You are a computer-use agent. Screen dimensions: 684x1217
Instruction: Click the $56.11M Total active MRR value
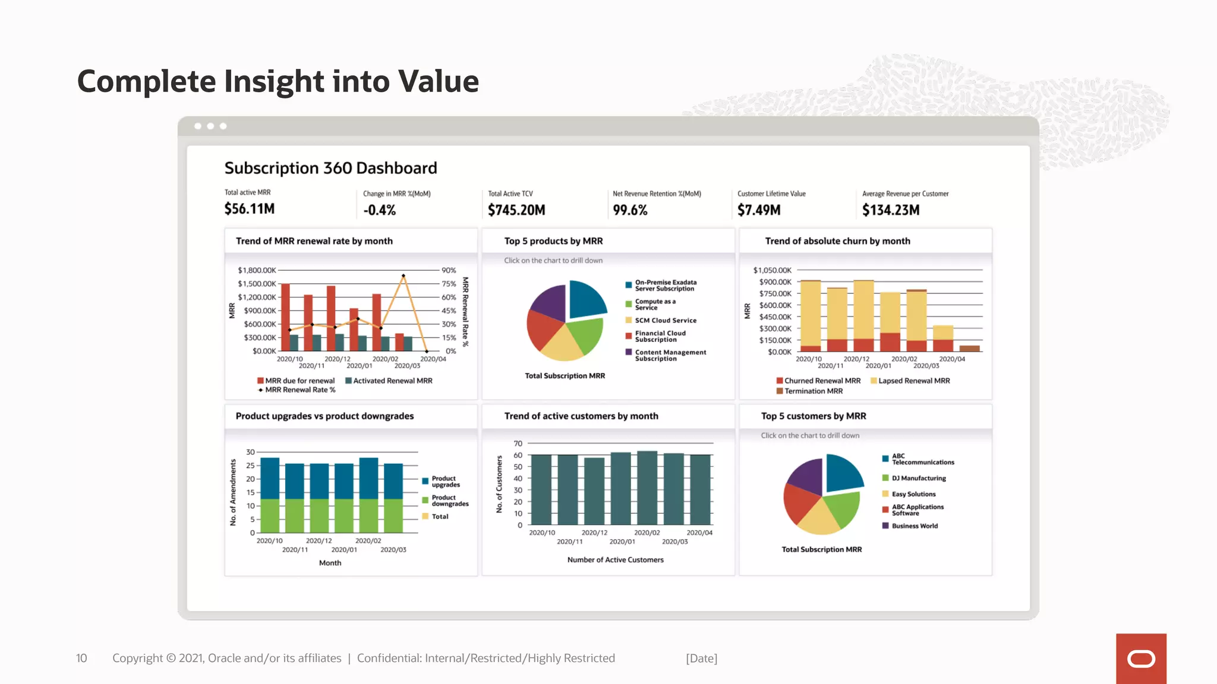click(x=250, y=209)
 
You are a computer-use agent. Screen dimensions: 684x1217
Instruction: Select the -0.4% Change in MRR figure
click(x=379, y=210)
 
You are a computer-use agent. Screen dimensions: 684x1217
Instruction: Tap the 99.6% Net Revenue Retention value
click(x=630, y=210)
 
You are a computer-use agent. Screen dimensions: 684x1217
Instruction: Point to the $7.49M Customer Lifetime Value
click(x=759, y=210)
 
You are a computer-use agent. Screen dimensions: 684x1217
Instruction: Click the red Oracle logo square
click(x=1141, y=658)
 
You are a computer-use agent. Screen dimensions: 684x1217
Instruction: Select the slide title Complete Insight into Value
click(x=278, y=81)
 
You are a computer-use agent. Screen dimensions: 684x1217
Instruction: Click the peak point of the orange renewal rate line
click(x=403, y=276)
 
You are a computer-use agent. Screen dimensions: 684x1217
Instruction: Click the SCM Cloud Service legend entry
click(x=665, y=321)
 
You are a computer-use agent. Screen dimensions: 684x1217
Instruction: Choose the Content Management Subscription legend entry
click(x=670, y=355)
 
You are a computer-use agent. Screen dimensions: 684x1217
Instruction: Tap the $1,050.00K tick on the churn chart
click(x=772, y=270)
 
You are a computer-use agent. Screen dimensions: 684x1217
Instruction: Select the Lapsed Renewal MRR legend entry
click(x=913, y=381)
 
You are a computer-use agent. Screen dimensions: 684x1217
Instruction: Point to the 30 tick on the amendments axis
click(x=250, y=452)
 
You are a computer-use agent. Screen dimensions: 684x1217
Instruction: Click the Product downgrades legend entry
click(x=449, y=501)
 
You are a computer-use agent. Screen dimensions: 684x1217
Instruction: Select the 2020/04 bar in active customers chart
click(x=701, y=489)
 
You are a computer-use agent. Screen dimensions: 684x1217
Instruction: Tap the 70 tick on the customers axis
click(x=518, y=444)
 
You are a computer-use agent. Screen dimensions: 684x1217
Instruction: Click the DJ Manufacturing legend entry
click(x=918, y=478)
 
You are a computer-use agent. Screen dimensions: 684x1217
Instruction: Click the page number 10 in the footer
click(x=81, y=658)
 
